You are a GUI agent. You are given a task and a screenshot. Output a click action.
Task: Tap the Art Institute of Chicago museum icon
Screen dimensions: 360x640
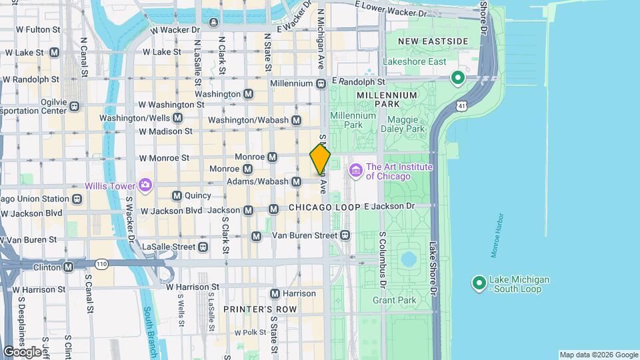click(x=355, y=171)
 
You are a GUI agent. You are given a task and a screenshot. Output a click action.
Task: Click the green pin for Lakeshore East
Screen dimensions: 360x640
click(x=458, y=78)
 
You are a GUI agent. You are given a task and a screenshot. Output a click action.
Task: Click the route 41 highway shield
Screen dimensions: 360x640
click(x=461, y=106)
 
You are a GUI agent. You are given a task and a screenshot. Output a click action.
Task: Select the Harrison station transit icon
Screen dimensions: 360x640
click(x=275, y=294)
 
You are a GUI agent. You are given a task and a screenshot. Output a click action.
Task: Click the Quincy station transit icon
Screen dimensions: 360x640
click(x=177, y=196)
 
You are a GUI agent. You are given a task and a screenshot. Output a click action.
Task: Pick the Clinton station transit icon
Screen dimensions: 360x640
click(x=68, y=267)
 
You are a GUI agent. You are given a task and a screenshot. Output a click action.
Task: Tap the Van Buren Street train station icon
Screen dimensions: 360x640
click(x=345, y=235)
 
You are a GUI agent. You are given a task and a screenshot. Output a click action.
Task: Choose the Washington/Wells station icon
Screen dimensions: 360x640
click(x=177, y=118)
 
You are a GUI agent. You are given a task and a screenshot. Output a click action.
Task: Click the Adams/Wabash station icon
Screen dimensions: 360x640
click(x=297, y=181)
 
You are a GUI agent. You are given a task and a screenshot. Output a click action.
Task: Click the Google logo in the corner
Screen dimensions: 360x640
click(x=22, y=351)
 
